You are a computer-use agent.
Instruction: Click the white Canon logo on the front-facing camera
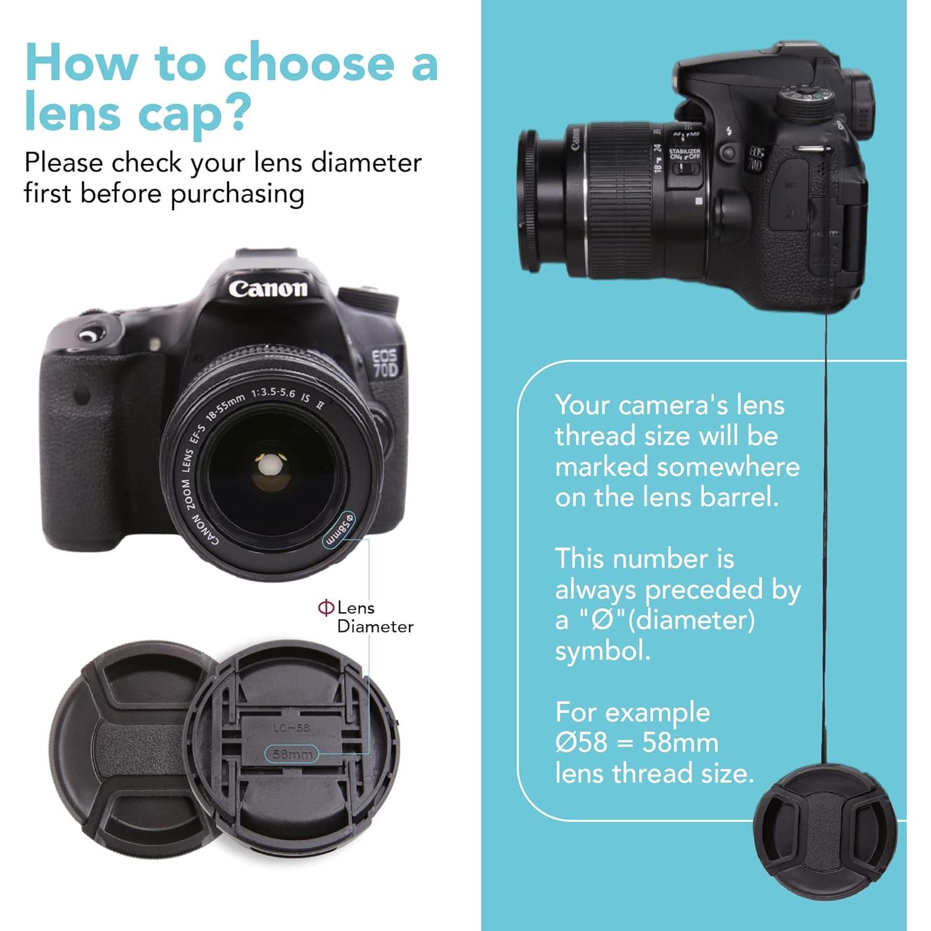coord(268,289)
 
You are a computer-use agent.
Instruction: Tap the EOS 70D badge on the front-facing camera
coord(385,363)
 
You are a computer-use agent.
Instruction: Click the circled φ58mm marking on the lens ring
coord(339,529)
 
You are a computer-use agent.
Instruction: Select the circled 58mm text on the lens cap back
coord(292,754)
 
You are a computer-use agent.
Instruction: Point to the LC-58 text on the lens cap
coord(291,727)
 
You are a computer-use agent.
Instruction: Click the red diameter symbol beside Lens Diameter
coord(326,607)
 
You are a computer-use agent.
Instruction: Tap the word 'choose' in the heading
coord(308,64)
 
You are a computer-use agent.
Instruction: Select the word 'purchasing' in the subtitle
coord(237,194)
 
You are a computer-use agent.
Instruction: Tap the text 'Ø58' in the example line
coord(582,742)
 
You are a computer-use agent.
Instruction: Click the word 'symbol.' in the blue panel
coord(603,650)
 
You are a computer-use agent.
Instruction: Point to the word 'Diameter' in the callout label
coord(375,626)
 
